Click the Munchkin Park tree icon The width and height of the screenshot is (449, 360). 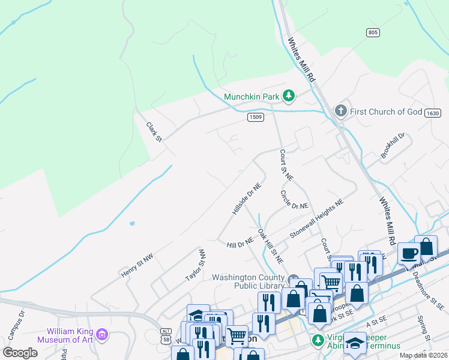(x=289, y=95)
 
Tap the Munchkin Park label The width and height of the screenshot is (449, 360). (x=252, y=96)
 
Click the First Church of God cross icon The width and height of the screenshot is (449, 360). (x=340, y=111)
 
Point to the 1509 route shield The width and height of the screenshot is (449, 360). (x=255, y=117)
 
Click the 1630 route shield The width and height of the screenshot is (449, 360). (x=432, y=113)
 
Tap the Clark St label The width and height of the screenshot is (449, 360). (x=154, y=132)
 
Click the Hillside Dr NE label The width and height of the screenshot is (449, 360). (x=247, y=199)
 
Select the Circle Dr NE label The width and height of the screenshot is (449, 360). (x=294, y=200)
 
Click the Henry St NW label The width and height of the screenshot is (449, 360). (x=137, y=265)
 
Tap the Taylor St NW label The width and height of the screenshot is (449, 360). (x=196, y=265)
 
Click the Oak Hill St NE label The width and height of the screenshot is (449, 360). (x=270, y=247)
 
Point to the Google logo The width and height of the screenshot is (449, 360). (x=20, y=353)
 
